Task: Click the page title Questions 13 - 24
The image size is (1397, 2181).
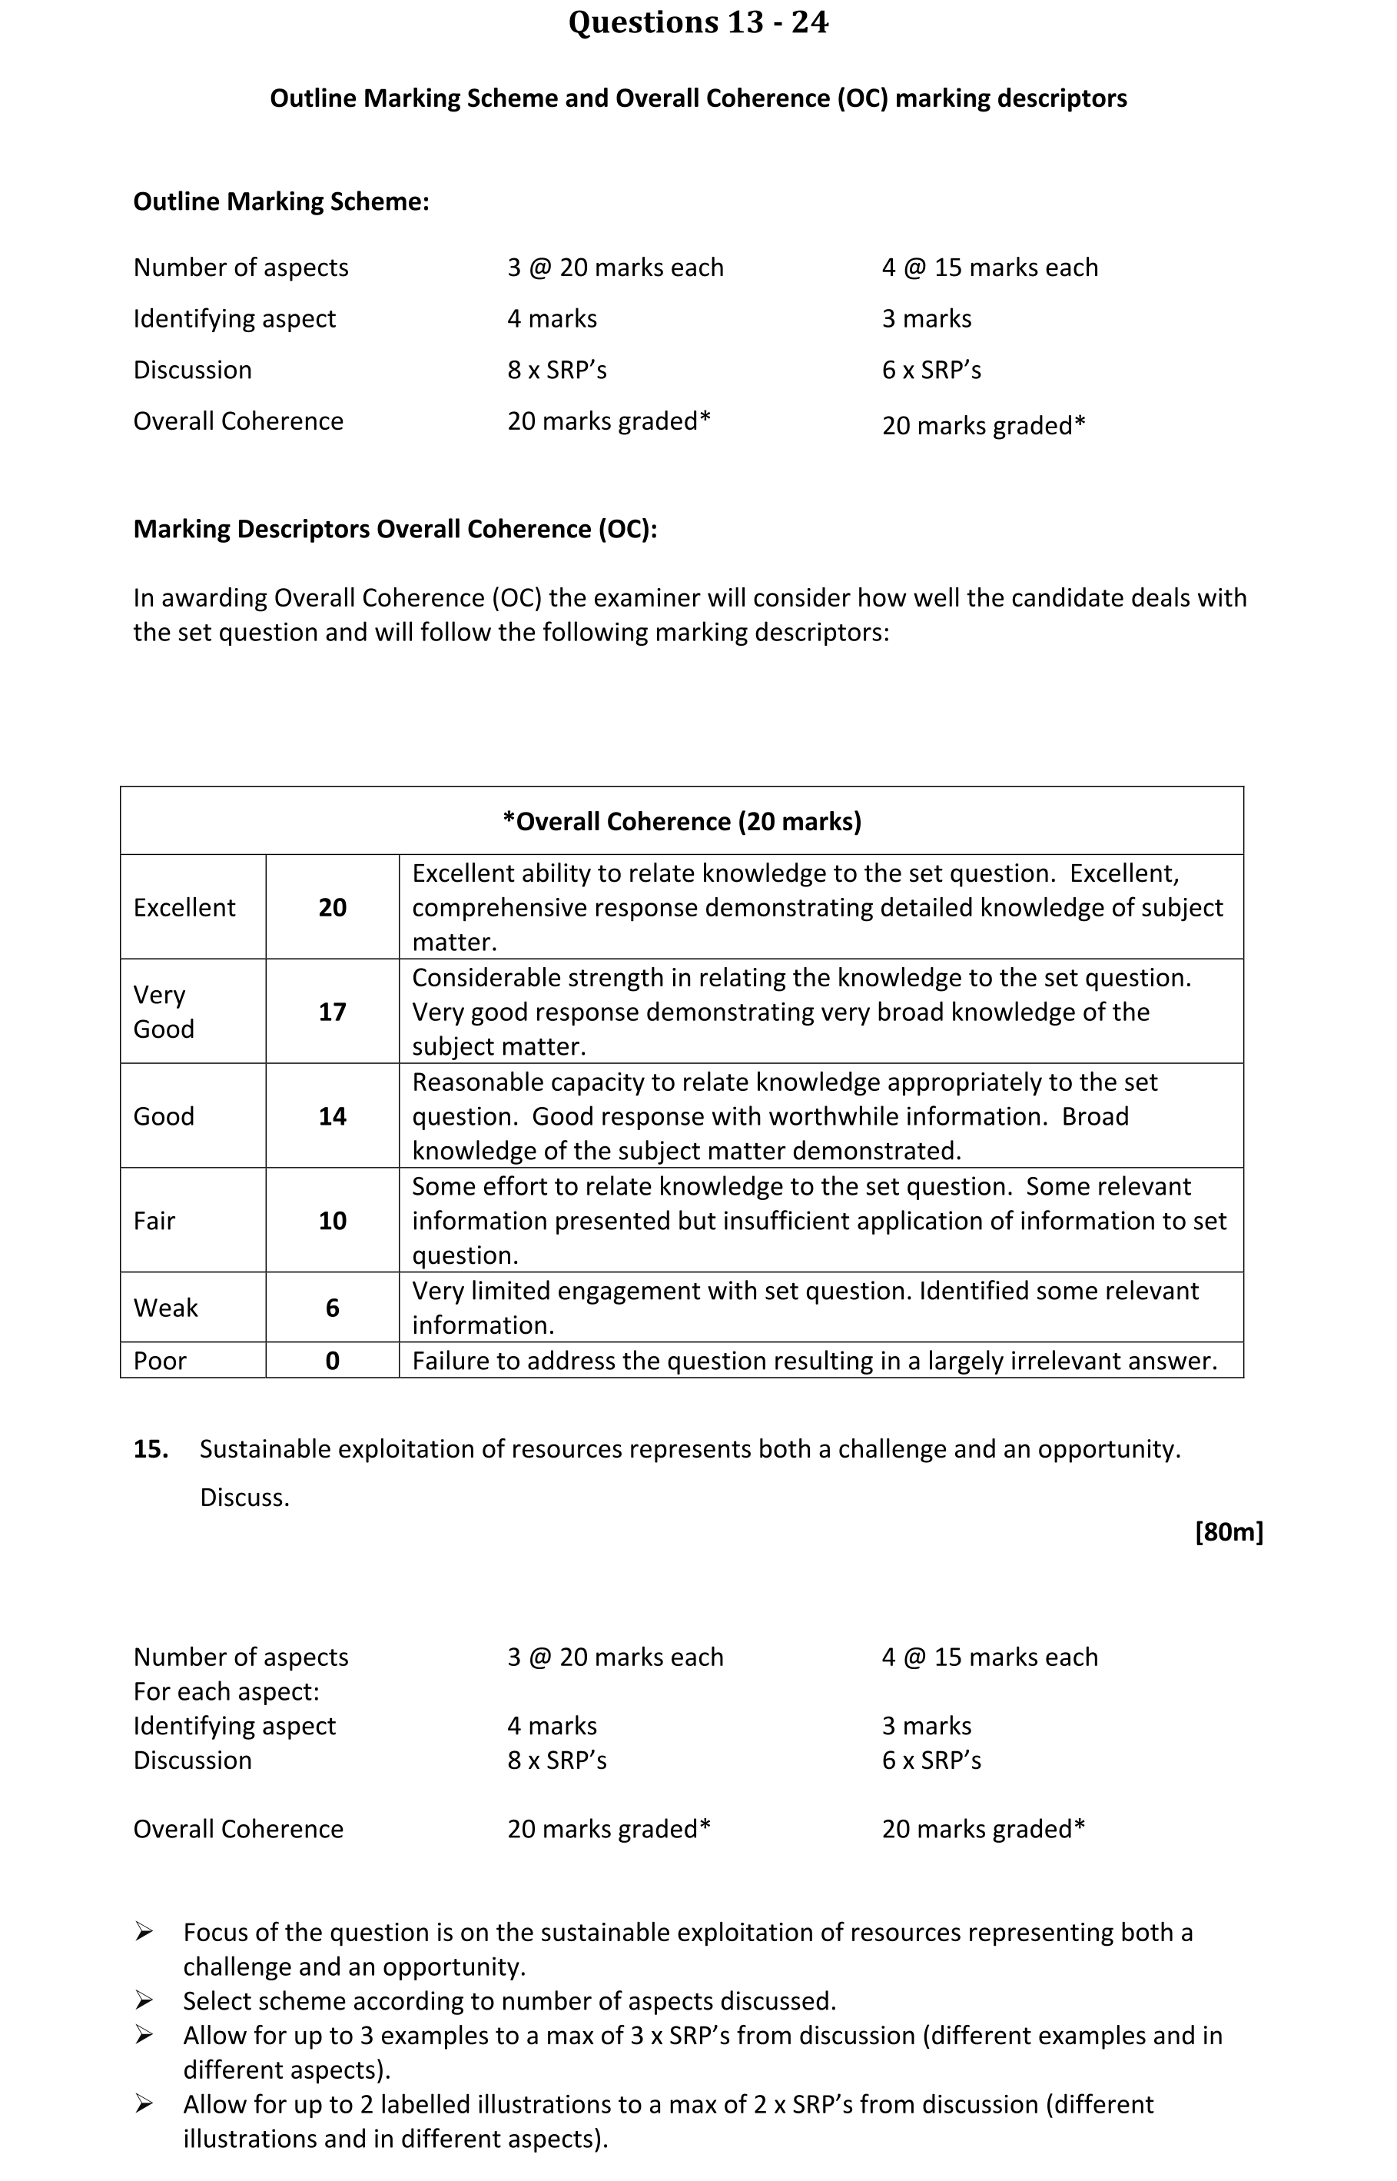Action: click(x=698, y=23)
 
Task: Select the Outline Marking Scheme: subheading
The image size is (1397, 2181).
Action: click(x=281, y=201)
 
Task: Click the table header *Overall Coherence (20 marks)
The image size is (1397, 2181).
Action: click(x=682, y=821)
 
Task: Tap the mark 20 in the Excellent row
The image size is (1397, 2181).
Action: click(x=332, y=908)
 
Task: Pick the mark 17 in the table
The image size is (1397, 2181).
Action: click(x=332, y=1012)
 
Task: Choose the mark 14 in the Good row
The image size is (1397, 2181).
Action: click(x=332, y=1116)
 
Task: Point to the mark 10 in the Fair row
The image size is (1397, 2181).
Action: click(x=332, y=1221)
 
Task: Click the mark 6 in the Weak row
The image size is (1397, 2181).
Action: click(x=332, y=1308)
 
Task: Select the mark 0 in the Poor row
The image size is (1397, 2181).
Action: click(x=332, y=1361)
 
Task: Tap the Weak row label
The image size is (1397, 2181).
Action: click(x=166, y=1308)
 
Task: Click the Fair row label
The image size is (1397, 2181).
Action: click(x=154, y=1221)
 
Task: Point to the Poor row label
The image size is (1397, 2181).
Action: click(x=160, y=1361)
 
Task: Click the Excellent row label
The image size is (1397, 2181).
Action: click(x=184, y=908)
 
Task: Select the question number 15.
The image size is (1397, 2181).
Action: click(x=151, y=1448)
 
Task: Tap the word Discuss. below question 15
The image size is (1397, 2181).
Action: click(x=245, y=1498)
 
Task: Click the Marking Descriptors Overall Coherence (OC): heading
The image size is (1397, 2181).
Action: click(x=395, y=529)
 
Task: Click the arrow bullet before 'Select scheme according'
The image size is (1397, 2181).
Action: click(x=144, y=2000)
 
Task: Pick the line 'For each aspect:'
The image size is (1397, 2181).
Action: click(x=226, y=1692)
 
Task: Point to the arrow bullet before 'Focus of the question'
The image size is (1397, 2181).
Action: click(x=144, y=1933)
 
